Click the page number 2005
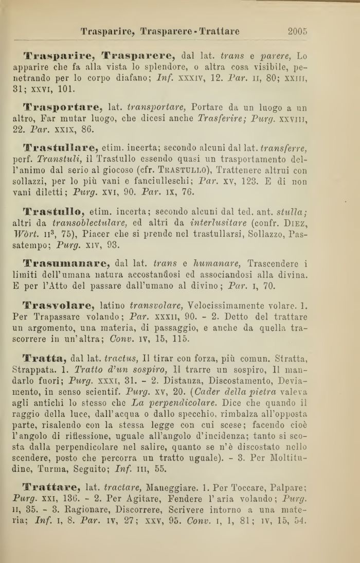point(298,31)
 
